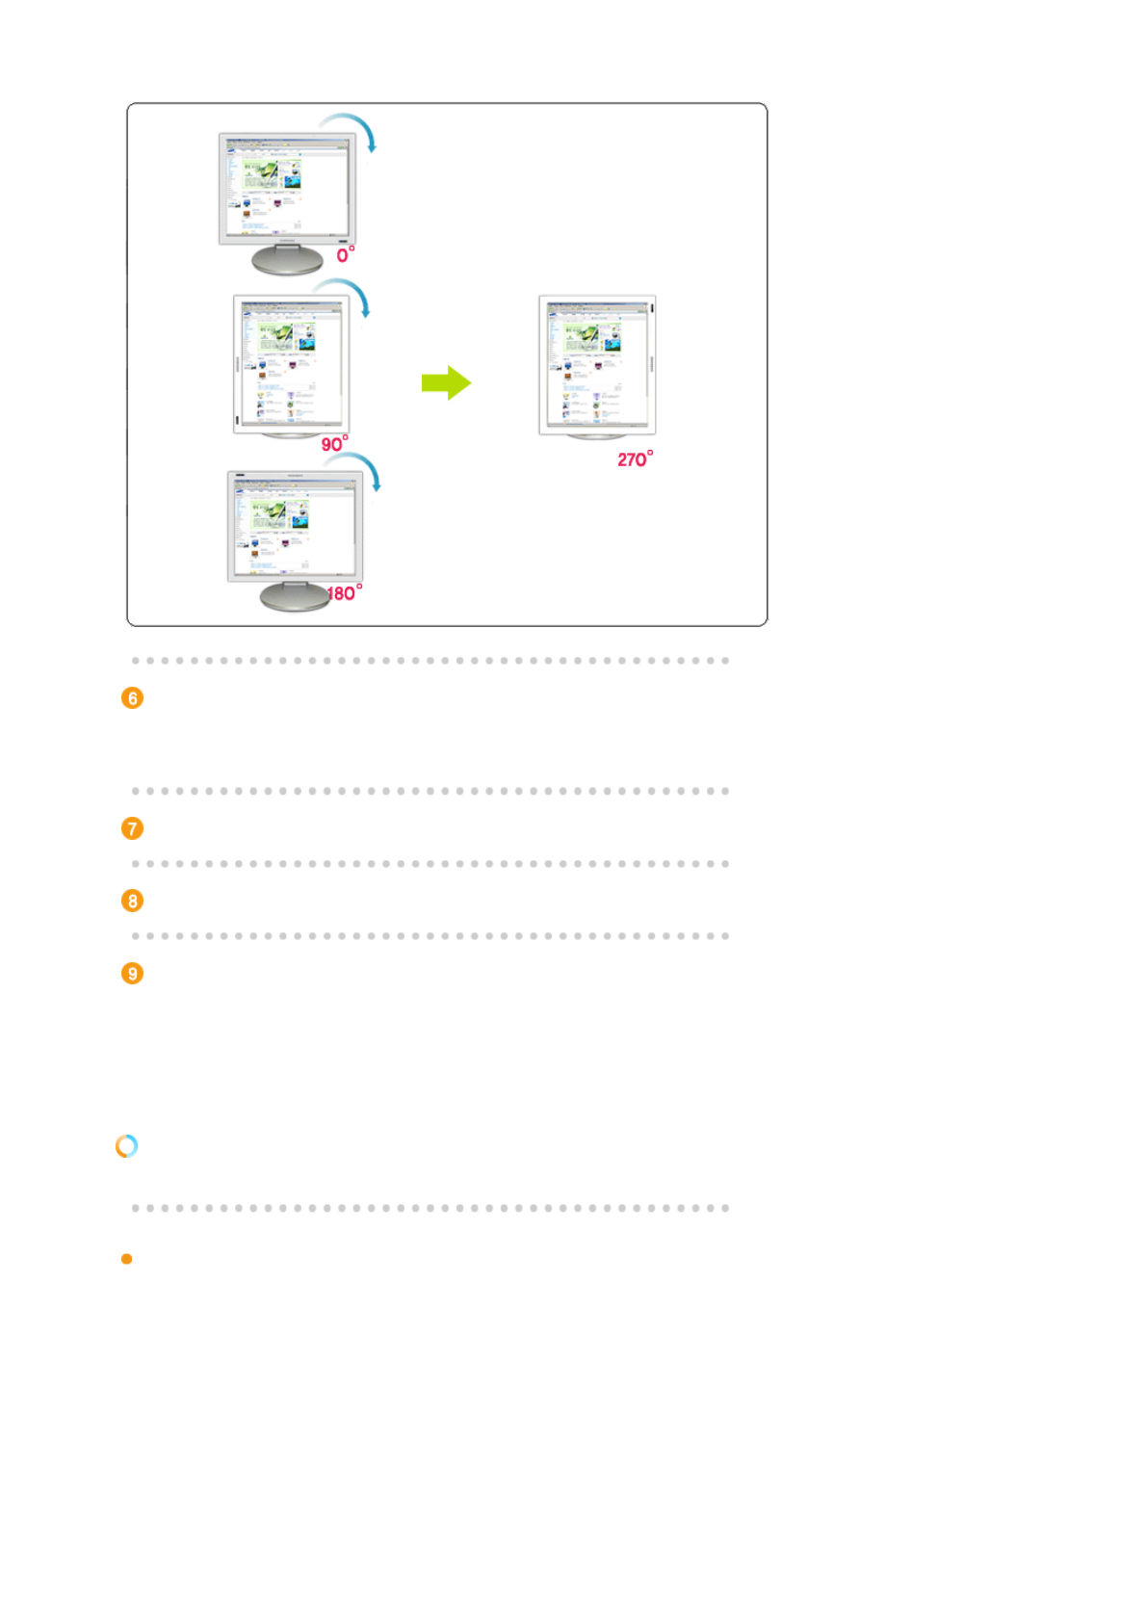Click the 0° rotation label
[x=345, y=254]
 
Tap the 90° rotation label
[x=334, y=443]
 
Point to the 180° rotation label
[x=344, y=592]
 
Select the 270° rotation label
[x=635, y=458]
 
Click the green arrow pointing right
[x=446, y=382]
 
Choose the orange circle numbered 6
[x=133, y=698]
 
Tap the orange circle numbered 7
[x=133, y=828]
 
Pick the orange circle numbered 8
[x=133, y=901]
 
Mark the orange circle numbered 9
[x=133, y=973]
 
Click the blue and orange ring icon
[x=126, y=1145]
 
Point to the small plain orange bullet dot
[x=126, y=1259]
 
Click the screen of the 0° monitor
[x=287, y=188]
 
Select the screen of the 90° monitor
[x=292, y=363]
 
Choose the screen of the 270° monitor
[x=597, y=363]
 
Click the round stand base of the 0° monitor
[x=287, y=260]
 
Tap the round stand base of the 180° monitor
[x=295, y=598]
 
